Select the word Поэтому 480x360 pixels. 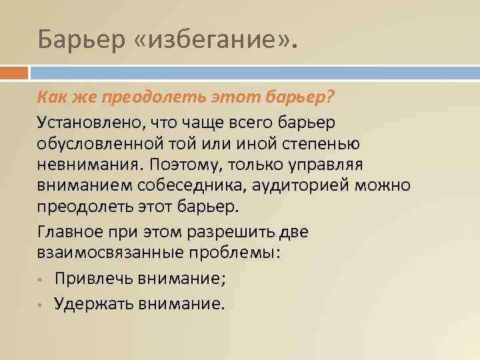(182, 164)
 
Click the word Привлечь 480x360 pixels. (95, 279)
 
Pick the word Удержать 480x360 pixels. (95, 304)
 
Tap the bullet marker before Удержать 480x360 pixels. (41, 305)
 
